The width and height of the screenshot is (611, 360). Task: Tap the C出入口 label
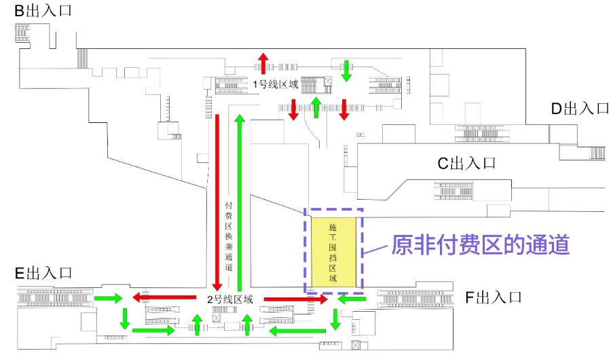point(466,163)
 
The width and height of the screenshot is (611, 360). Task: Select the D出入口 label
point(579,109)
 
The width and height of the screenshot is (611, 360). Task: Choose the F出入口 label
point(493,298)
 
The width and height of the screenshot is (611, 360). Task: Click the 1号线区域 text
point(276,85)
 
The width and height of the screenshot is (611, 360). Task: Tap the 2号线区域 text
point(229,299)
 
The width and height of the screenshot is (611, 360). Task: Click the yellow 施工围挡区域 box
point(333,251)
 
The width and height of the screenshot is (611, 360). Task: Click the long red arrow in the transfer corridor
point(218,201)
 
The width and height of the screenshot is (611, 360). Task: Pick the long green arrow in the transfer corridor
point(239,201)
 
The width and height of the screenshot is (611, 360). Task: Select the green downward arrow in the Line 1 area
point(346,70)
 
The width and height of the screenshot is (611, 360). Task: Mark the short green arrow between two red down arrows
point(316,107)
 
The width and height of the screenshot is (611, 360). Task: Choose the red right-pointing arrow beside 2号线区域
point(286,299)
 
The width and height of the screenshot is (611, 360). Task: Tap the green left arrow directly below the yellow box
point(352,299)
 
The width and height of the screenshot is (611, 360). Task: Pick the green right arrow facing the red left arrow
point(109,298)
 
